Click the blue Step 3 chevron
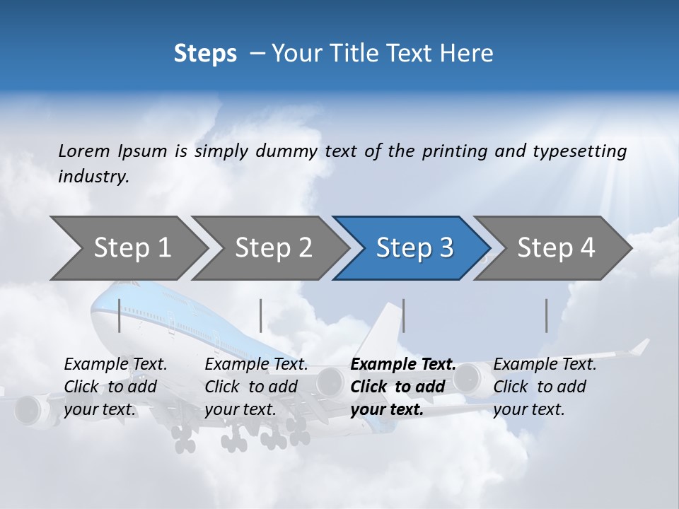414,248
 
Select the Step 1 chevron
132,248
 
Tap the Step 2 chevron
273,248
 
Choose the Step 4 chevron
556,248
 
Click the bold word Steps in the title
205,54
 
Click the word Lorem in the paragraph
84,151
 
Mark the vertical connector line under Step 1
120,315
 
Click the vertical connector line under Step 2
261,315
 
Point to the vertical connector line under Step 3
403,315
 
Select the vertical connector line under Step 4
547,315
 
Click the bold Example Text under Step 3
403,365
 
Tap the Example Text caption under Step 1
115,365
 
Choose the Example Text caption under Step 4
545,365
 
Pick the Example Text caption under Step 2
256,365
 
